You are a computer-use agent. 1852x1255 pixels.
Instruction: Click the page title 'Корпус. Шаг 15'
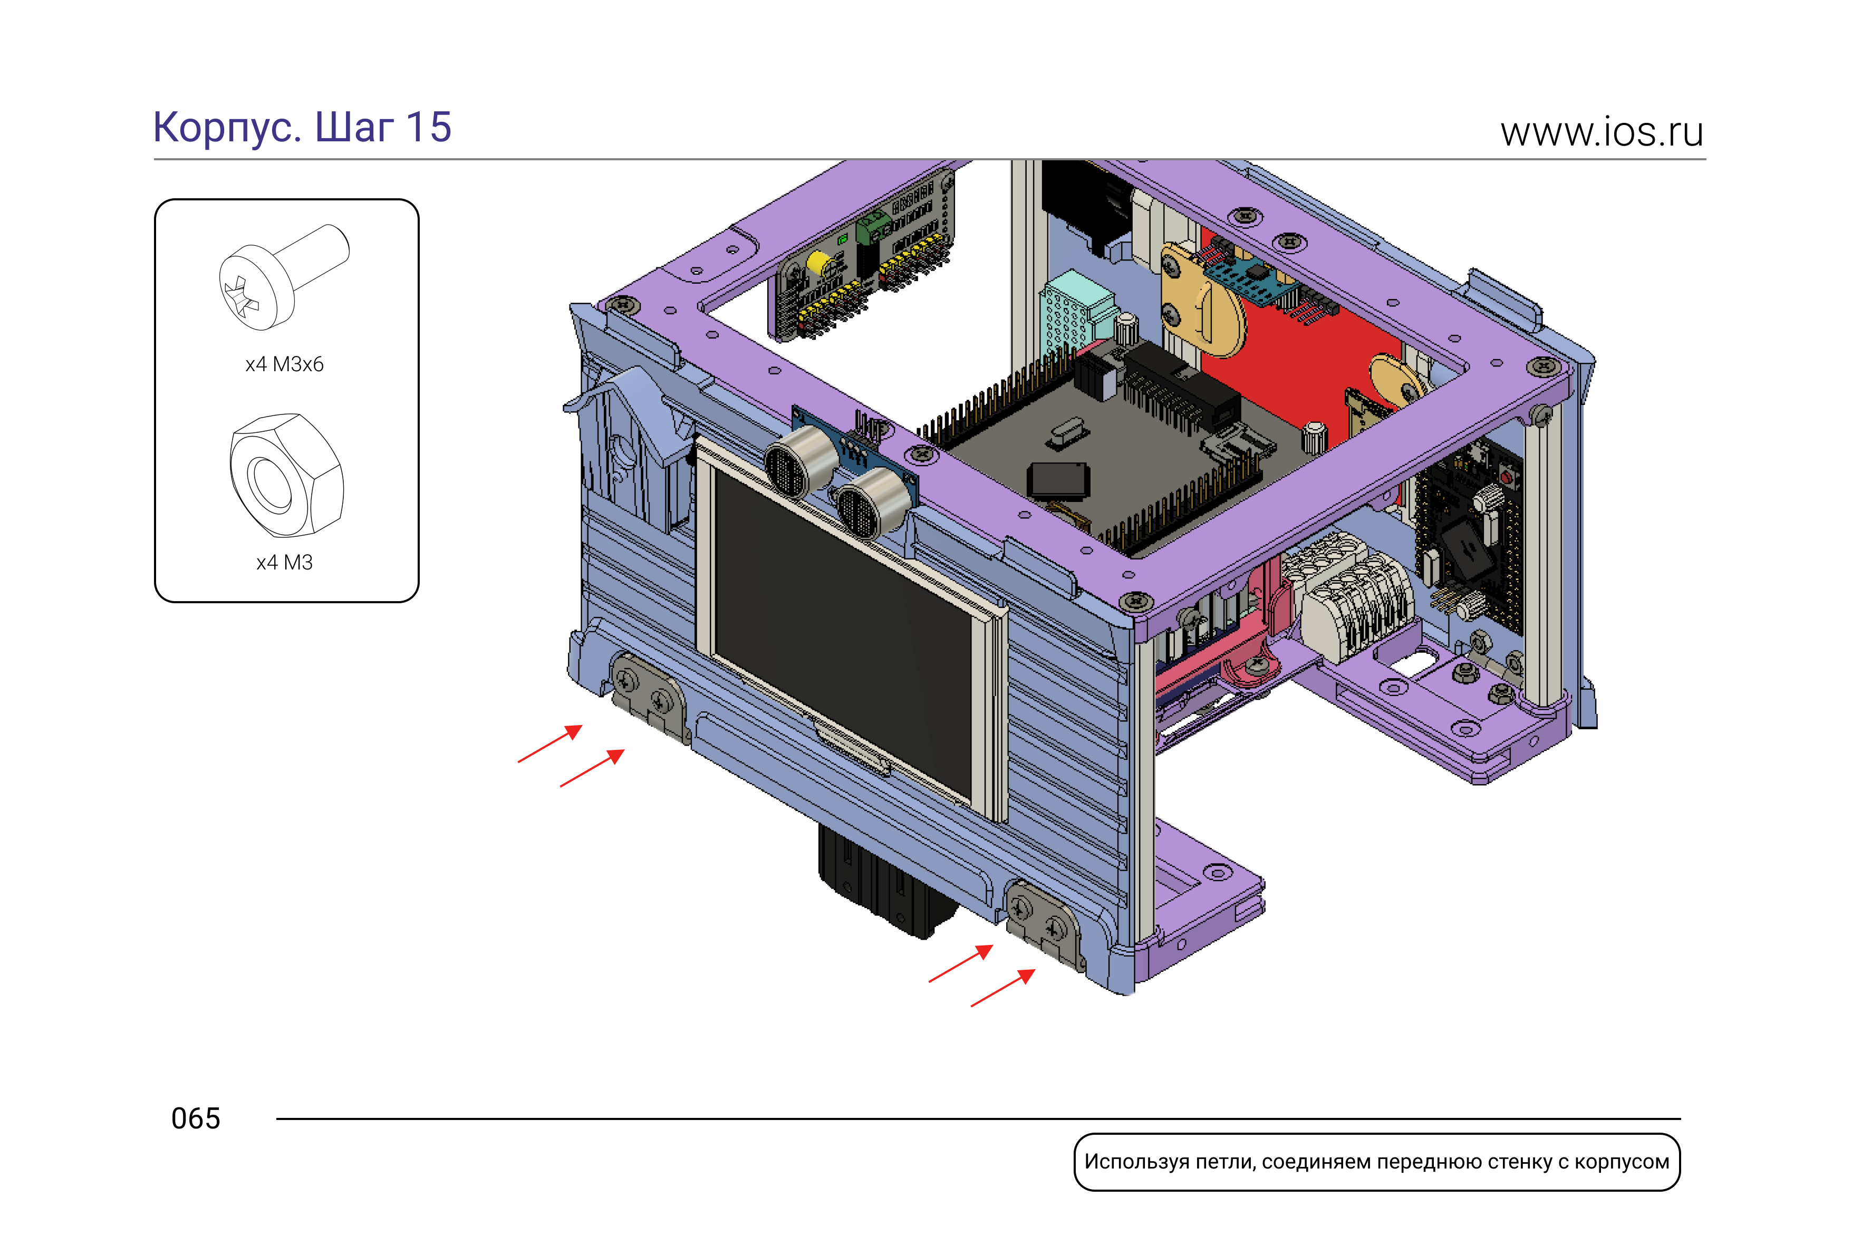pos(302,128)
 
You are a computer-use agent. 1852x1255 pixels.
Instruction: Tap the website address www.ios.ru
pos(1602,132)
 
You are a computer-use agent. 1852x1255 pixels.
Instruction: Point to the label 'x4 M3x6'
pos(284,364)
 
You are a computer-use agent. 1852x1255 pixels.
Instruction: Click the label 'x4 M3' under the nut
pos(284,563)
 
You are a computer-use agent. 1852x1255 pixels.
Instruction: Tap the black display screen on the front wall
pos(843,633)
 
